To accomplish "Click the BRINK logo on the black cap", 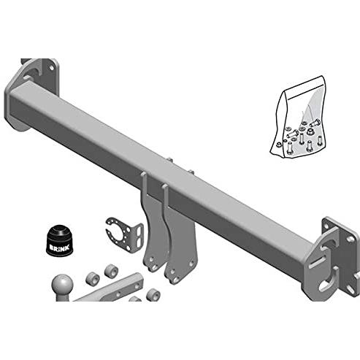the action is (60, 248).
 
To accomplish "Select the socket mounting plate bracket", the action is (124, 231).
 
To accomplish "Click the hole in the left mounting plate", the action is (51, 67).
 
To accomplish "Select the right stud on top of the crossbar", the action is (191, 172).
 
